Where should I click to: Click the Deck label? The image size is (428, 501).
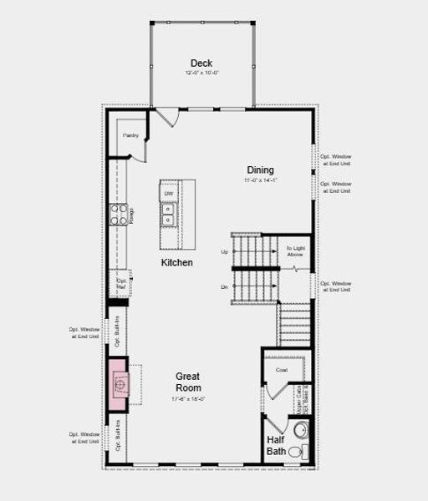[x=201, y=63]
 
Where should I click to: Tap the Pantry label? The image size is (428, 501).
[x=130, y=135]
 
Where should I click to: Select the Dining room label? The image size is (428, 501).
[x=259, y=170]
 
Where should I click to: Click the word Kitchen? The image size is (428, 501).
[x=177, y=262]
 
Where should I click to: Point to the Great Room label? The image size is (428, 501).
[x=187, y=382]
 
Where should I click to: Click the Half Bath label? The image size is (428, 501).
[x=277, y=445]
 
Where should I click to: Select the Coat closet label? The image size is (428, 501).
[x=281, y=370]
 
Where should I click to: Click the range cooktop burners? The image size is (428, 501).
[x=120, y=215]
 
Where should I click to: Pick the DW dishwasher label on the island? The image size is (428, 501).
[x=168, y=194]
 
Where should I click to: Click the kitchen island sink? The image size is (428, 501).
[x=168, y=215]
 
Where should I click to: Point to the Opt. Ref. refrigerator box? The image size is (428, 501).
[x=121, y=283]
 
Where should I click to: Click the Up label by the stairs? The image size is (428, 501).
[x=224, y=251]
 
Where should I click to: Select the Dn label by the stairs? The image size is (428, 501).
[x=224, y=287]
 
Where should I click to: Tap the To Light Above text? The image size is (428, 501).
[x=295, y=251]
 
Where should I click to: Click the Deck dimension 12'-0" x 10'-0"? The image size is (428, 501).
[x=201, y=73]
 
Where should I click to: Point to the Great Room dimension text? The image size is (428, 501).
[x=187, y=398]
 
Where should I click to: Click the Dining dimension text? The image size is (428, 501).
[x=259, y=180]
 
